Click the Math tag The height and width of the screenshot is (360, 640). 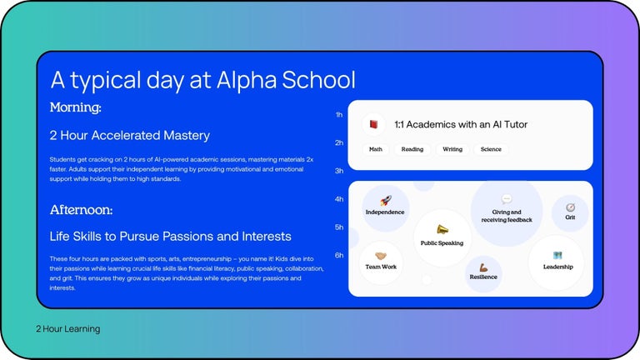[x=376, y=150]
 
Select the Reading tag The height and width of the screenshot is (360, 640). [x=412, y=150]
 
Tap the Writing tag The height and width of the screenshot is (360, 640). [x=452, y=150]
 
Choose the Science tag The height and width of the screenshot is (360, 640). [x=491, y=150]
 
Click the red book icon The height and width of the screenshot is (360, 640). [x=374, y=124]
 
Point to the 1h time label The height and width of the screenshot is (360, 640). [x=339, y=115]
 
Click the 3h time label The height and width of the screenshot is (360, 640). [x=339, y=171]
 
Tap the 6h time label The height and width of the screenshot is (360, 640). [x=339, y=255]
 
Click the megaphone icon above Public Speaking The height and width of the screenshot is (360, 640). [x=442, y=229]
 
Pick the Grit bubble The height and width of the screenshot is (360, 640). [x=570, y=212]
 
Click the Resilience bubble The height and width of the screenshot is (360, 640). [x=483, y=273]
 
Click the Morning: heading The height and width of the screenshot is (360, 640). [x=75, y=107]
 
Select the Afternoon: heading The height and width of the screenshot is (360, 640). [x=81, y=209]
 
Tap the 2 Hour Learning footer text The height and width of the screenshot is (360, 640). [x=67, y=329]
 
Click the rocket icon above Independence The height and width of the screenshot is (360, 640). [x=386, y=201]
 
